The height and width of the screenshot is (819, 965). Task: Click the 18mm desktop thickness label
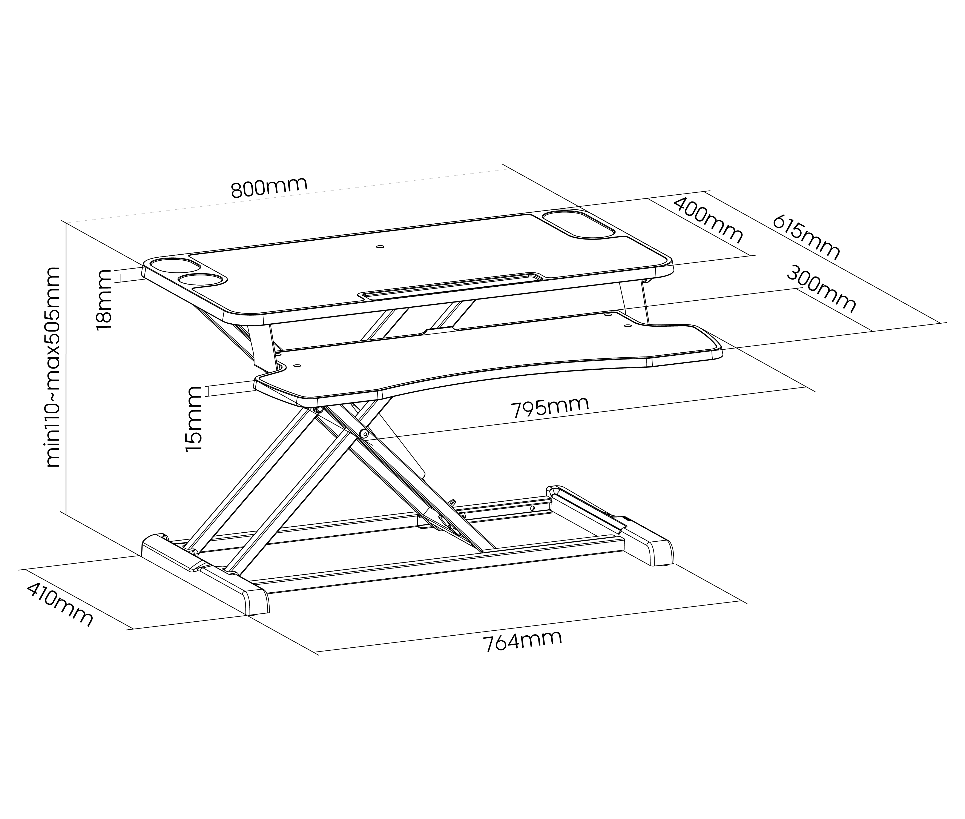pyautogui.click(x=104, y=300)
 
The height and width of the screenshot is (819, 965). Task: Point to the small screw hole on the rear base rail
pyautogui.click(x=532, y=508)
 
